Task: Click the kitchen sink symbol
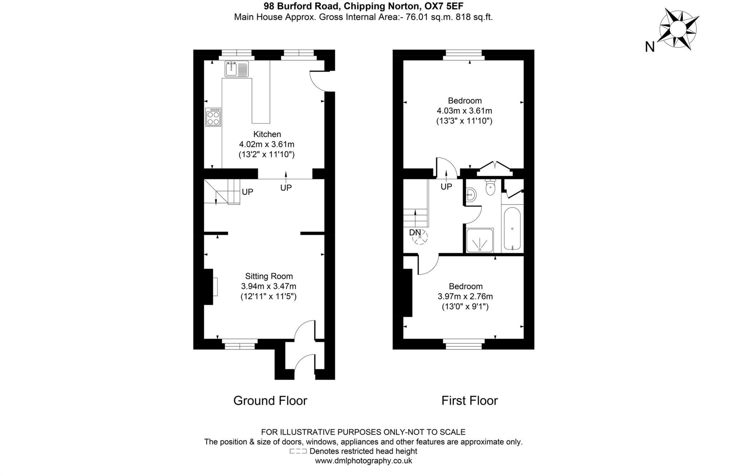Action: (x=236, y=69)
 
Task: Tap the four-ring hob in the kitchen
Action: (x=213, y=117)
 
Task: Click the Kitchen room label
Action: (x=267, y=134)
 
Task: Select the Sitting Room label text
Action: (x=269, y=276)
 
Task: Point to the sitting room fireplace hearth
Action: (x=215, y=286)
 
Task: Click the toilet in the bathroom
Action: (x=490, y=188)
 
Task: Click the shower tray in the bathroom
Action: (x=480, y=240)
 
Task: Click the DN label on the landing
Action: (x=415, y=233)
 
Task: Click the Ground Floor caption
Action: (x=270, y=401)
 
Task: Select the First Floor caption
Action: (x=469, y=401)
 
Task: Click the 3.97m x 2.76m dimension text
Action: (x=465, y=296)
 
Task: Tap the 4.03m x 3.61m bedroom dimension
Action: (x=464, y=111)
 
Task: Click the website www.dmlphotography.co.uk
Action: (x=363, y=461)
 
